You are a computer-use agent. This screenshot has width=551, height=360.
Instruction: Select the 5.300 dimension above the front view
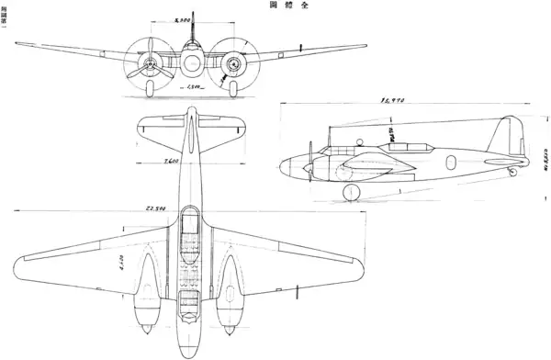193,18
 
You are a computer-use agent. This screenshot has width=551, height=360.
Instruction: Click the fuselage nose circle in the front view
191,63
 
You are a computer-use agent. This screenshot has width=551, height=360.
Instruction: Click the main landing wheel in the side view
351,191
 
